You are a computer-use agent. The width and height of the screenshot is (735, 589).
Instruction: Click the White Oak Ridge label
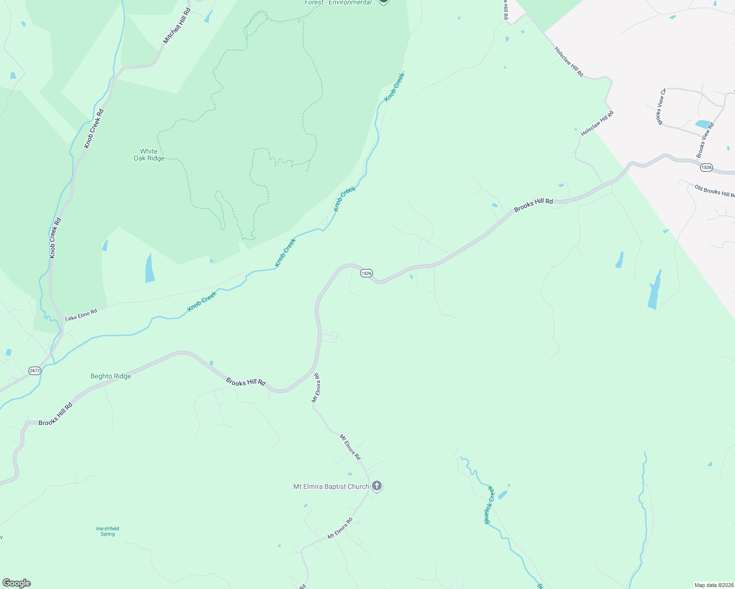149,155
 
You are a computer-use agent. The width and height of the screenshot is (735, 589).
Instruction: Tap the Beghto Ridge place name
111,376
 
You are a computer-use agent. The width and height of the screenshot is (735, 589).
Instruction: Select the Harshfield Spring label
108,531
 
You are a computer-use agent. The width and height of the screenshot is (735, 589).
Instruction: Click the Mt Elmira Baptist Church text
331,487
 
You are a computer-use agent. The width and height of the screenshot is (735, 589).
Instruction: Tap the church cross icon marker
377,486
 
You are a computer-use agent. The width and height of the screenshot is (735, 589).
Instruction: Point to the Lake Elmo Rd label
81,315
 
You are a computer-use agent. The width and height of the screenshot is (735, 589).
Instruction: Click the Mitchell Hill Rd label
177,26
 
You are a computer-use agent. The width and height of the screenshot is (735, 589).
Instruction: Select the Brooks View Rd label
705,140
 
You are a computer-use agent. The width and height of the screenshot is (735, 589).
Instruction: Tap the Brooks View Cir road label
662,107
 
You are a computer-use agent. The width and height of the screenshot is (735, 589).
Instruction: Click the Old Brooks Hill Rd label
714,190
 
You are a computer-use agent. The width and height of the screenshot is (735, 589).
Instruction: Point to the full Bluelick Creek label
488,505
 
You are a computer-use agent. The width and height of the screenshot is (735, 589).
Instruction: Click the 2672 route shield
34,371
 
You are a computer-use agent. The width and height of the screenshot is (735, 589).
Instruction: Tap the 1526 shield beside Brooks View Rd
706,167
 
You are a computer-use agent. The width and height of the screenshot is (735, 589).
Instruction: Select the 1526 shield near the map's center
366,273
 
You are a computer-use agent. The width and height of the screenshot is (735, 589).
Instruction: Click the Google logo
16,583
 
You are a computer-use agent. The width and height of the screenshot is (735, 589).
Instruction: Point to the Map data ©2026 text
713,585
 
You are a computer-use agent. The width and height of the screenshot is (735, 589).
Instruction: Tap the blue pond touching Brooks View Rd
703,124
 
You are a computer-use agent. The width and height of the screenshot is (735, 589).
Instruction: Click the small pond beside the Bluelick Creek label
503,495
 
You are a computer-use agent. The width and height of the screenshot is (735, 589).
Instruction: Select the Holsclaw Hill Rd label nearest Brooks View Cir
597,124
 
